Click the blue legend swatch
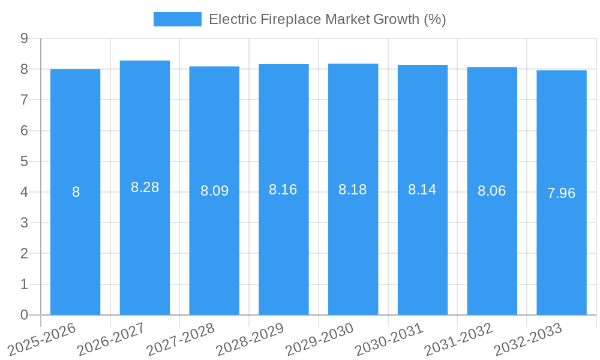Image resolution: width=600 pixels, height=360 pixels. [177, 19]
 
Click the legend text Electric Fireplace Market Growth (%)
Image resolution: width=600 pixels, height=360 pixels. [327, 19]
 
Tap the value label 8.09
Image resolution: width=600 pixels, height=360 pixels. [214, 191]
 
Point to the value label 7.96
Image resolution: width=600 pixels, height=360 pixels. [561, 193]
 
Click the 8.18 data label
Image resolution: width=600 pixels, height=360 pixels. [353, 190]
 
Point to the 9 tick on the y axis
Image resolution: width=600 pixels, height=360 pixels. [25, 38]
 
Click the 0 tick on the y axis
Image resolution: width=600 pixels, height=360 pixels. [25, 315]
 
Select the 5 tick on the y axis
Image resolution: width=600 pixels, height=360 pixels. [25, 161]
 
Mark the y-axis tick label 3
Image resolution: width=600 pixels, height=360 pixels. [25, 223]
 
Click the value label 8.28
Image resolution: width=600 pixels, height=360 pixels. [145, 187]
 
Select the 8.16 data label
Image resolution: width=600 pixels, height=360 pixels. [283, 190]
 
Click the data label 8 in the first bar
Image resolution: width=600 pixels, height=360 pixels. [76, 192]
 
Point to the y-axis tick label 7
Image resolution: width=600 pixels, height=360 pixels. [25, 100]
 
